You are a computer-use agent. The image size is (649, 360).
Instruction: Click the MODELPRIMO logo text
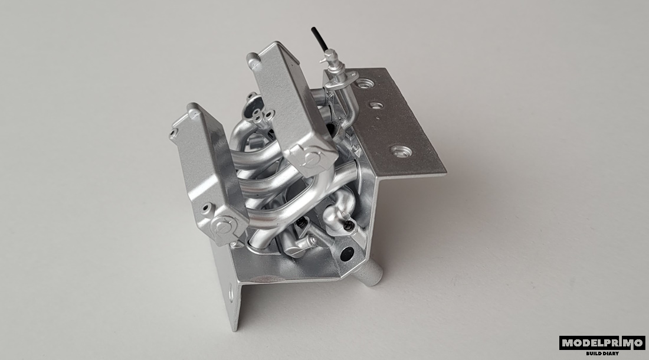pyautogui.click(x=602, y=343)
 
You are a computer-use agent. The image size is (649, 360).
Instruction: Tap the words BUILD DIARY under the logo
pyautogui.click(x=602, y=354)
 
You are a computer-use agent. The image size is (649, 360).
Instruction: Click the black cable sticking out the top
pyautogui.click(x=320, y=38)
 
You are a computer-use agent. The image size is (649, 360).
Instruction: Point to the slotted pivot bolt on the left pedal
pyautogui.click(x=224, y=226)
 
